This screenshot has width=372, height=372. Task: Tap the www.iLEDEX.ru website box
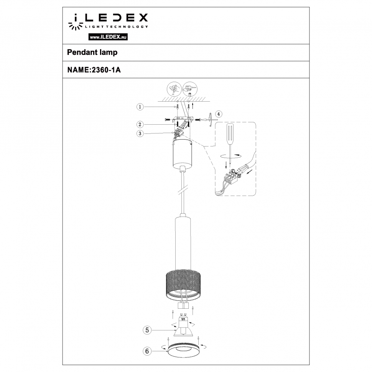click(x=108, y=37)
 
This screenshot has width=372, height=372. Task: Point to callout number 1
click(x=140, y=107)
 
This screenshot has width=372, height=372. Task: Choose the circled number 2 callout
click(x=140, y=124)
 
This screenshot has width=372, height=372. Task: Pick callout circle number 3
click(x=140, y=133)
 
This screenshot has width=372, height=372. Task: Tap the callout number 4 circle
click(x=218, y=114)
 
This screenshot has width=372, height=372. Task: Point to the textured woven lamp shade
click(x=183, y=284)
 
